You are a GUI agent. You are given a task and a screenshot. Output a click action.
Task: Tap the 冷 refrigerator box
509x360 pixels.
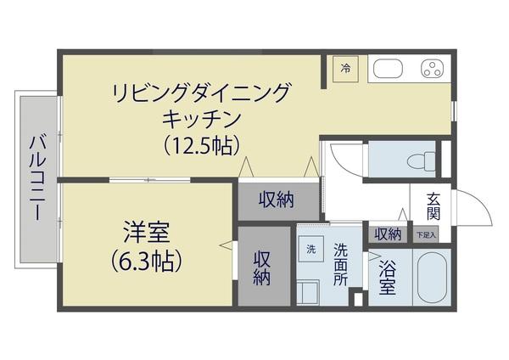pos(346,68)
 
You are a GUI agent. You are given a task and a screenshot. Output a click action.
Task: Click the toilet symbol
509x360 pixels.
pos(418,160)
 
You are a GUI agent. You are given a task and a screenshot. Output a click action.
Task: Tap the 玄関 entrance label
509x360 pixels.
pos(433,205)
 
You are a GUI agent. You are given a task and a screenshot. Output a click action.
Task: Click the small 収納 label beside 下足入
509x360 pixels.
pos(388,233)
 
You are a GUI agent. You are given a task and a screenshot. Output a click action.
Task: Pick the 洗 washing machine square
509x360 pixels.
pos(310,249)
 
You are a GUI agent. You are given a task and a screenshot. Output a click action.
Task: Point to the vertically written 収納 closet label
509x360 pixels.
pos(261,269)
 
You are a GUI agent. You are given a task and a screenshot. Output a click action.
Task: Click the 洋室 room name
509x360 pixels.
pos(145,231)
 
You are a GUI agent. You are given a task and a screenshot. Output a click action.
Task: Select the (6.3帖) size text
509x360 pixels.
pos(146,261)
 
